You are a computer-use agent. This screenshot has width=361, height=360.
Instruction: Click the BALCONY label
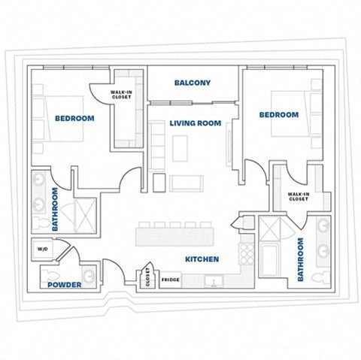[192, 83]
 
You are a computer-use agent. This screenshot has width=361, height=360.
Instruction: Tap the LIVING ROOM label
[194, 123]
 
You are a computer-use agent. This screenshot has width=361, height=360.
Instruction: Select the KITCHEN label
[202, 259]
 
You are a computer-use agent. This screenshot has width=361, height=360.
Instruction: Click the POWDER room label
[64, 286]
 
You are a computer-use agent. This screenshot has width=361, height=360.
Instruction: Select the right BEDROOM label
[278, 115]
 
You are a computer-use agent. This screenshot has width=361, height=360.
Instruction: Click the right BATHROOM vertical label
[300, 259]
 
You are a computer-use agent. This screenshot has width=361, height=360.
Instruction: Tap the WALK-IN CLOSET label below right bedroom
[298, 197]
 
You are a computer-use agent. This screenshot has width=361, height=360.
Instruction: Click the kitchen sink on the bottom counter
[214, 282]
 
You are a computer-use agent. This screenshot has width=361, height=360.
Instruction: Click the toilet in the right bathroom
[321, 276]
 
